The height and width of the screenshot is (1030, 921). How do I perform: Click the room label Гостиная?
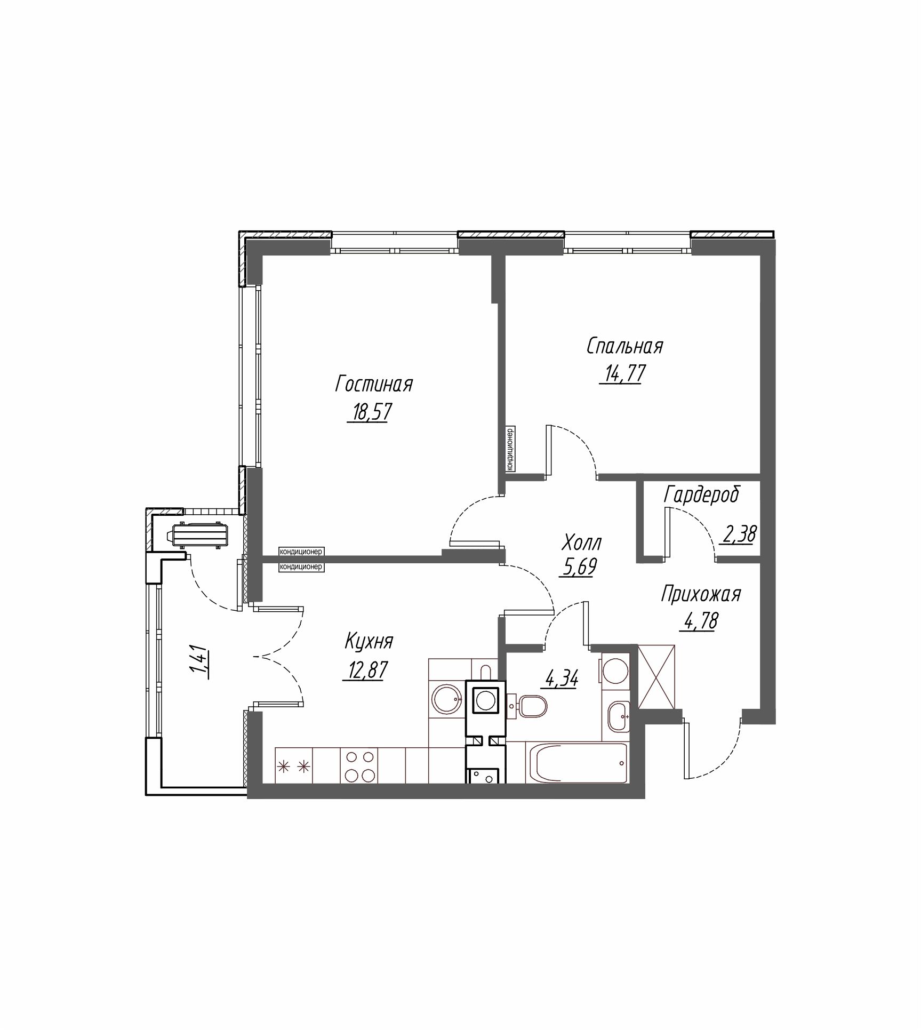(374, 384)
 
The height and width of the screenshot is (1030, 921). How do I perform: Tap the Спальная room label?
(624, 346)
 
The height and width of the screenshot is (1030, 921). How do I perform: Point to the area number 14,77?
(623, 373)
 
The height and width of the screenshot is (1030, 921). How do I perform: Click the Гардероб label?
(701, 494)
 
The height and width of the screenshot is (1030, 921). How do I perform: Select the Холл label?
(582, 543)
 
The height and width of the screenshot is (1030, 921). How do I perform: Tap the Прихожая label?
(701, 594)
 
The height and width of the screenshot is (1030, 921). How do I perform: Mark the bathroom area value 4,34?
(561, 680)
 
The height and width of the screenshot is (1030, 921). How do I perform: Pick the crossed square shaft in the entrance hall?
(656, 676)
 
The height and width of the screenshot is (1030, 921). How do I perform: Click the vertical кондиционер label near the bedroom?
(510, 449)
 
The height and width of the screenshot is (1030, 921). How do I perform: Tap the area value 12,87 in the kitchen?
(364, 670)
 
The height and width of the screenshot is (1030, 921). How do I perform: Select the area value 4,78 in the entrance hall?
(699, 621)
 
